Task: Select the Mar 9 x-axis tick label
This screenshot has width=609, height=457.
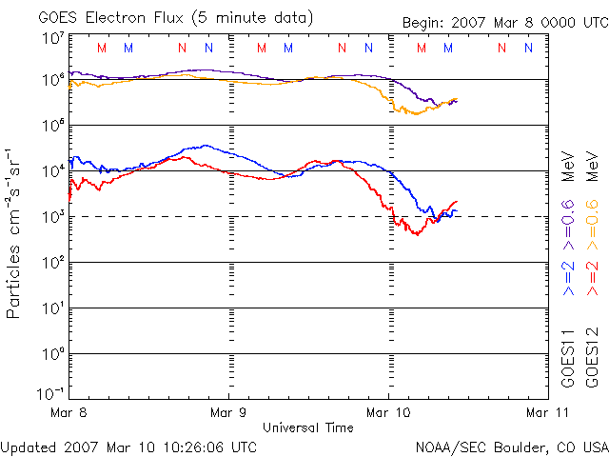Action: (x=228, y=412)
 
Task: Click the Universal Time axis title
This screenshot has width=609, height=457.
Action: (x=308, y=427)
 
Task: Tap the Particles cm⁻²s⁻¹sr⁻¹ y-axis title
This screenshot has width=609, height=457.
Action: (x=15, y=233)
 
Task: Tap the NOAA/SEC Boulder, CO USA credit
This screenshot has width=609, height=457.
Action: (x=511, y=446)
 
